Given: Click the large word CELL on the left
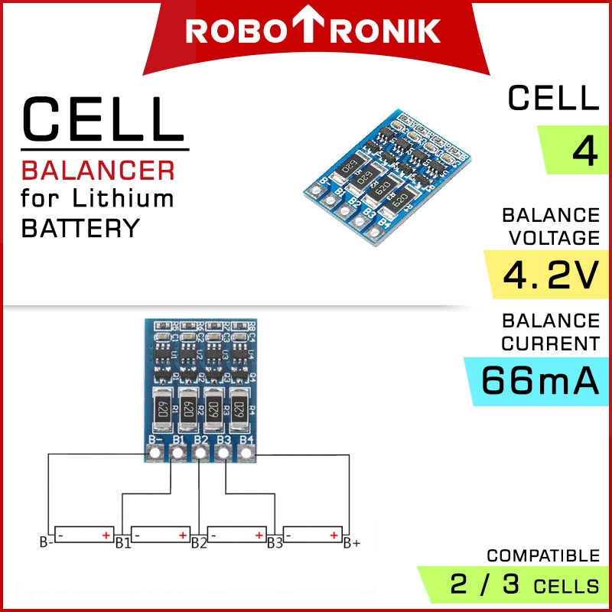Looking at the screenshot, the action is (x=103, y=119).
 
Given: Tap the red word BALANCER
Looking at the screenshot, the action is (x=98, y=169).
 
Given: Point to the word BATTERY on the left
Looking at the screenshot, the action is (x=81, y=228).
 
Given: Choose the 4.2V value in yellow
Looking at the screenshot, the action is (x=545, y=275).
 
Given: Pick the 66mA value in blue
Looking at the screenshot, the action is (x=540, y=380).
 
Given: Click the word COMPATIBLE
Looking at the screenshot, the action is (x=543, y=555).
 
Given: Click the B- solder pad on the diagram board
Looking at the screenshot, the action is (x=155, y=454).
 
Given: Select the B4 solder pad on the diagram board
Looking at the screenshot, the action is (x=246, y=454).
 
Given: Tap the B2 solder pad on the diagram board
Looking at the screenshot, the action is (x=200, y=454).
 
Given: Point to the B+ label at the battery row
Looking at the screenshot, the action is (x=352, y=544).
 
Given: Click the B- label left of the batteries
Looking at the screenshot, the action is (x=46, y=544).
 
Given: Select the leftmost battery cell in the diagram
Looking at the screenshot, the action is (x=84, y=533).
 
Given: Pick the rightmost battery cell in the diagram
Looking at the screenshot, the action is (x=314, y=533).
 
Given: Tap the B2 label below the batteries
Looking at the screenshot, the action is (x=199, y=544).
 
